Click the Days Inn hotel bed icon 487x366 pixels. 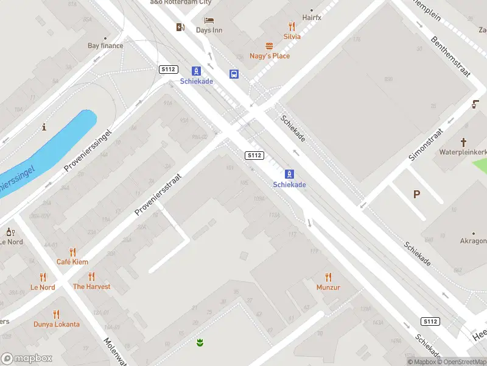pyautogui.click(x=209, y=20)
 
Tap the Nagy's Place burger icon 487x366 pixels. pyautogui.click(x=269, y=46)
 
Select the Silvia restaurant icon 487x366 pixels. pyautogui.click(x=292, y=26)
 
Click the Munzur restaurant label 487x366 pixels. pyautogui.click(x=328, y=287)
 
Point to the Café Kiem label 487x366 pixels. pyautogui.click(x=72, y=262)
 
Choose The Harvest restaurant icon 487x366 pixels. pyautogui.click(x=91, y=276)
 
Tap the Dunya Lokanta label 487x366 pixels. pyautogui.click(x=57, y=324)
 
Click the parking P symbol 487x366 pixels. pyautogui.click(x=417, y=195)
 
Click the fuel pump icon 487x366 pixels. pyautogui.click(x=180, y=27)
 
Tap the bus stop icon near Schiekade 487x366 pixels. pyautogui.click(x=234, y=74)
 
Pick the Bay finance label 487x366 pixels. pyautogui.click(x=105, y=46)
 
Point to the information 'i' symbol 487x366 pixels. pyautogui.click(x=44, y=127)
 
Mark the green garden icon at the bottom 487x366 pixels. pyautogui.click(x=200, y=343)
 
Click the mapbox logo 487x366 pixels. pyautogui.click(x=27, y=359)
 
